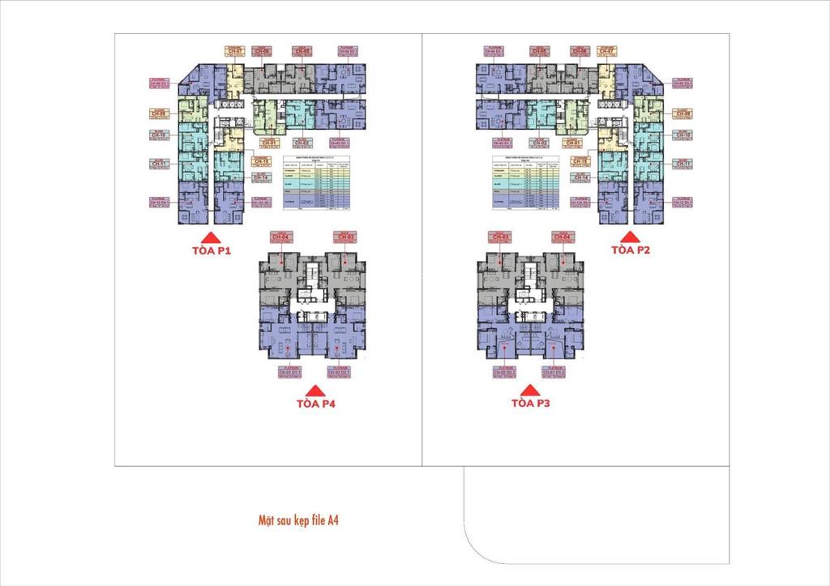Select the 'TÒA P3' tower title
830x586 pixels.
pyautogui.click(x=531, y=402)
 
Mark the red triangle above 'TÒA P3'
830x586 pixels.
pyautogui.click(x=531, y=389)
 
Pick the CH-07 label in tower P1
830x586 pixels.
pyautogui.click(x=234, y=51)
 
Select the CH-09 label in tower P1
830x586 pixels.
pyautogui.click(x=158, y=113)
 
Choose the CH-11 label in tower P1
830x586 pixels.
pyautogui.click(x=159, y=164)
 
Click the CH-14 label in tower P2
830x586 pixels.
pyautogui.click(x=581, y=176)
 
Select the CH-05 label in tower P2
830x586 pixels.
pyautogui.click(x=539, y=51)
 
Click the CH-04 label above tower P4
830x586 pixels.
pyautogui.click(x=280, y=237)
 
